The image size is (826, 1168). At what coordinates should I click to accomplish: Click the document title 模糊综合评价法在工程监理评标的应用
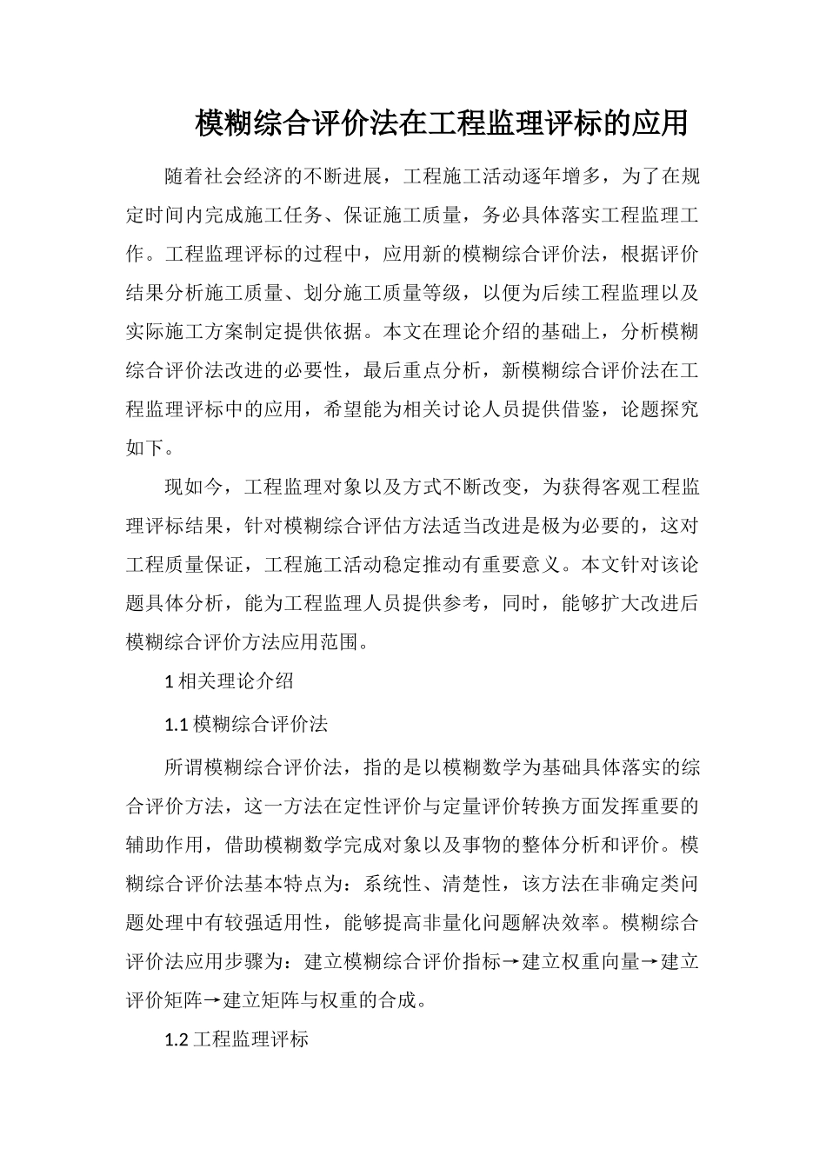(x=441, y=123)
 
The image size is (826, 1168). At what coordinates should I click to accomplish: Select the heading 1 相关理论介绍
(x=229, y=681)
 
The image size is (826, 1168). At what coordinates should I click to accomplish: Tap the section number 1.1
(x=176, y=724)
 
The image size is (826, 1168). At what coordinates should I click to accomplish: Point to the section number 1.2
(x=176, y=1039)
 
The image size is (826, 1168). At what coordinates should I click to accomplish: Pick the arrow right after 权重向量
(x=649, y=962)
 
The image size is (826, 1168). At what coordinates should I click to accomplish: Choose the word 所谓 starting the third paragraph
(x=184, y=767)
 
